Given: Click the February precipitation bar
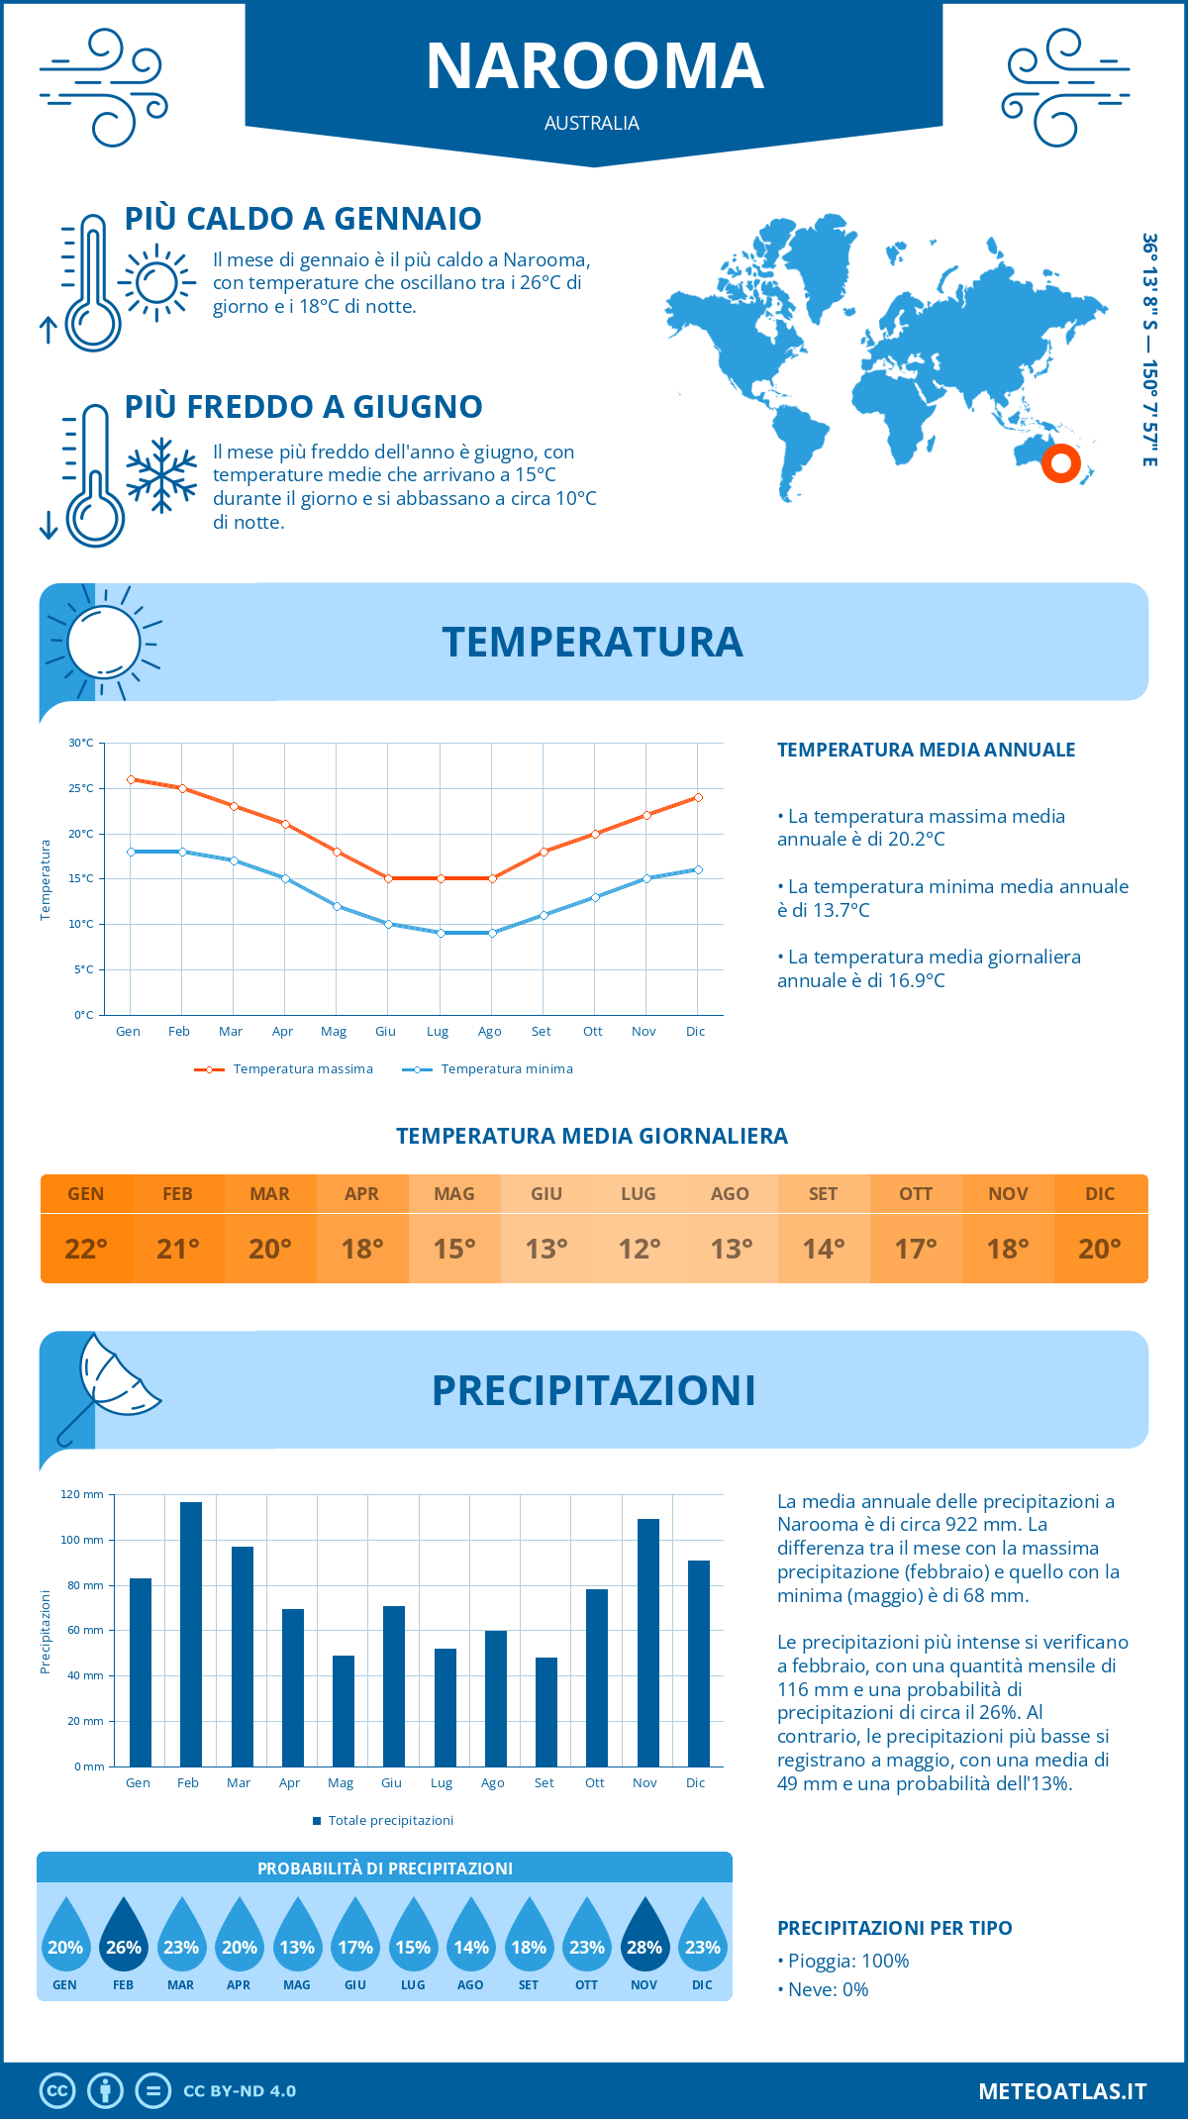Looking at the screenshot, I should click(x=191, y=1634).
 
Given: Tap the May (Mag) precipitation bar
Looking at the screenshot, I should click(x=344, y=1710).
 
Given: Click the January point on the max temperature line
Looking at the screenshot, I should click(x=131, y=779).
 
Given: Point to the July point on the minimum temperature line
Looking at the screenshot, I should click(x=441, y=933).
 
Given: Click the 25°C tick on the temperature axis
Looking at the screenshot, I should click(x=81, y=788).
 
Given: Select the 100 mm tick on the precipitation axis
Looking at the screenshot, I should click(x=82, y=1540).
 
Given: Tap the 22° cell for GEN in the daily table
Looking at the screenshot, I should click(x=86, y=1249).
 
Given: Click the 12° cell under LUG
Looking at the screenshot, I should click(x=639, y=1249).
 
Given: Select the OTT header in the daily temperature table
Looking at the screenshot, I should click(x=916, y=1193).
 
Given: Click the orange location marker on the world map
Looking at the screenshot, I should click(x=1060, y=462).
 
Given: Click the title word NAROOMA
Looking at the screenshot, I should click(x=594, y=67).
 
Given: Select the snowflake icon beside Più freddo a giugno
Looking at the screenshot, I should click(x=161, y=475).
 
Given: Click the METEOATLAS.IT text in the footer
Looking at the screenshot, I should click(x=1061, y=2090).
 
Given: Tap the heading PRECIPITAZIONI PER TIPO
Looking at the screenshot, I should click(x=894, y=1928).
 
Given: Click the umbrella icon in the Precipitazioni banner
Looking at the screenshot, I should click(x=111, y=1381).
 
